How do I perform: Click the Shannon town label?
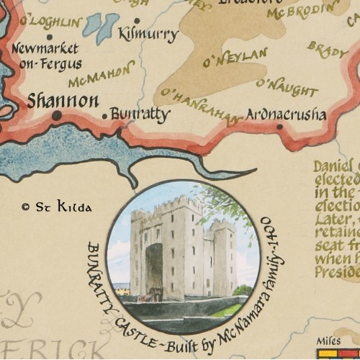point(63,101)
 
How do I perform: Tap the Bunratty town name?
point(140,114)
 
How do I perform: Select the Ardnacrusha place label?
point(286,114)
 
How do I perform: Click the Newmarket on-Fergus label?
point(47,57)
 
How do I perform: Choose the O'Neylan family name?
point(235,57)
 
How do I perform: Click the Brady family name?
point(328,50)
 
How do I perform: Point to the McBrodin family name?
point(302,10)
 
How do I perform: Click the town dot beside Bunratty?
point(104,115)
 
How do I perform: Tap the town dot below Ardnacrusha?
point(279,127)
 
